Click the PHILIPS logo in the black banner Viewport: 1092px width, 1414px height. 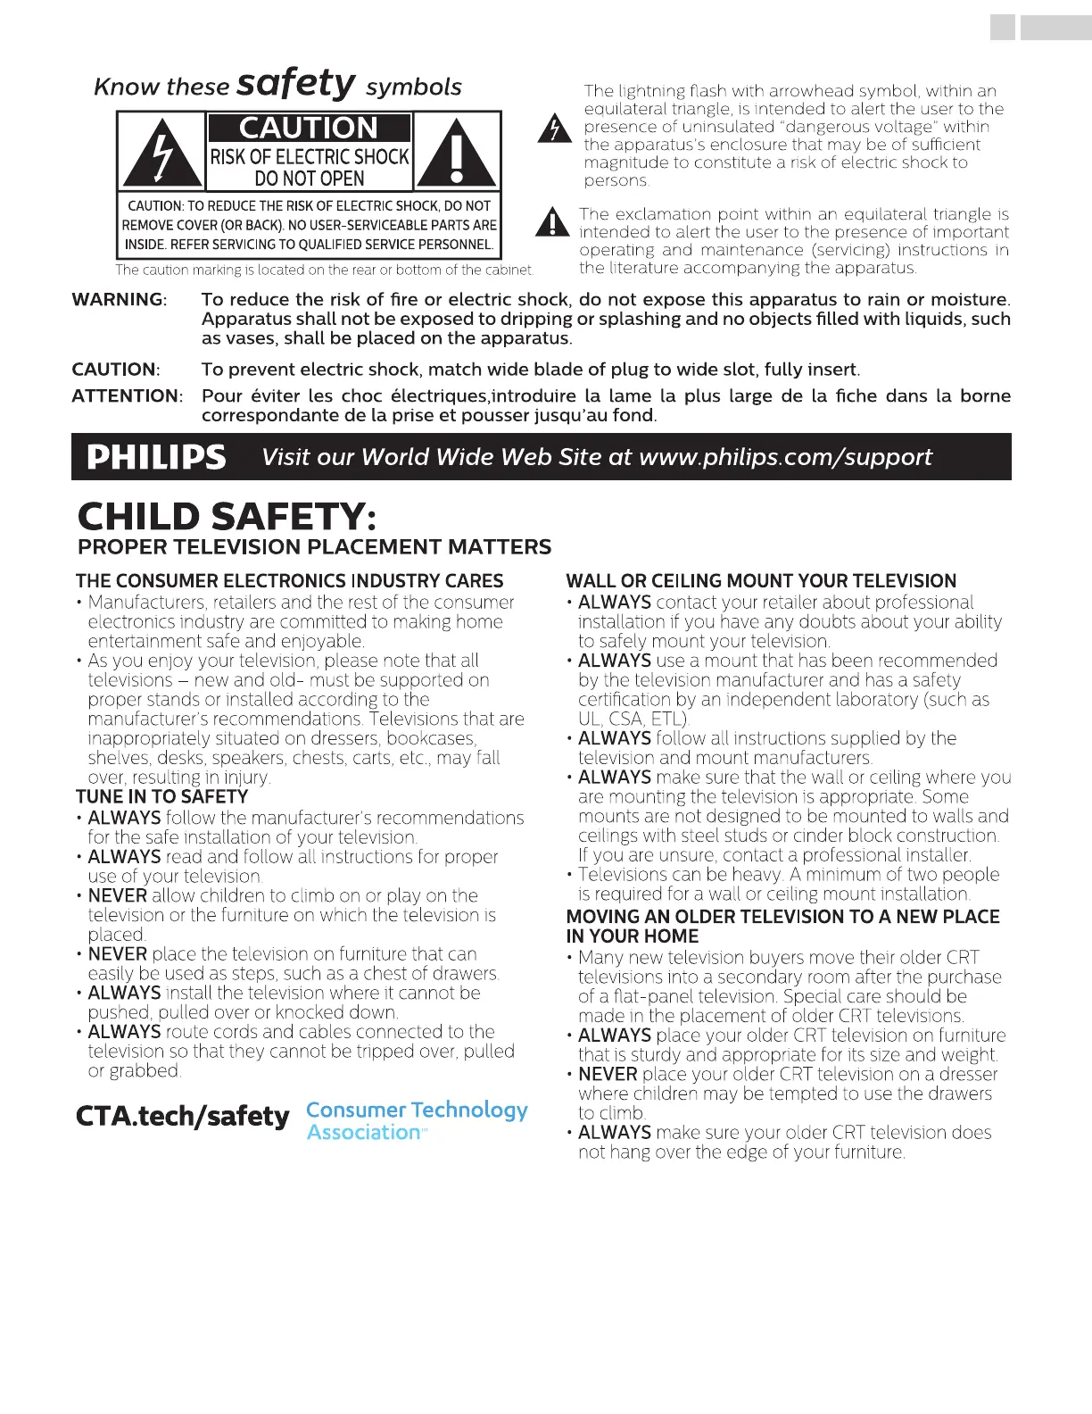point(156,457)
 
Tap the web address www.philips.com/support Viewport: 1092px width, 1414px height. point(785,457)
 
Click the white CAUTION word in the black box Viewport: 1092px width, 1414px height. point(309,128)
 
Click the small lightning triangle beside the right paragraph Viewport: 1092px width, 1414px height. point(554,129)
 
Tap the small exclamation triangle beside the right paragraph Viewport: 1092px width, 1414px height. point(552,222)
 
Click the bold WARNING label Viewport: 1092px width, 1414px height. point(119,300)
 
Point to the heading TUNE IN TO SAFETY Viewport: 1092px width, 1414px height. point(161,796)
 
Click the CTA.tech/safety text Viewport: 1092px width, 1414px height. point(183,1116)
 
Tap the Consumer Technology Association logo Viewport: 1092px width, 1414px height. point(417,1120)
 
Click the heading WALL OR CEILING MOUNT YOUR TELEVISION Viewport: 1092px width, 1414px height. point(761,581)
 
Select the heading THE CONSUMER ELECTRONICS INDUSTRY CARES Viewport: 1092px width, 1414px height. point(290,581)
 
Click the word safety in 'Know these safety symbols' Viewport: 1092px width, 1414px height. point(296,84)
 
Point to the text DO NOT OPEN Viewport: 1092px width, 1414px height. point(309,179)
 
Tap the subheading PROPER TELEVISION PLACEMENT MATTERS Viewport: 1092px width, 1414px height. point(314,547)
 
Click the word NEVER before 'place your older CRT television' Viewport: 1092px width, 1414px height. point(608,1075)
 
